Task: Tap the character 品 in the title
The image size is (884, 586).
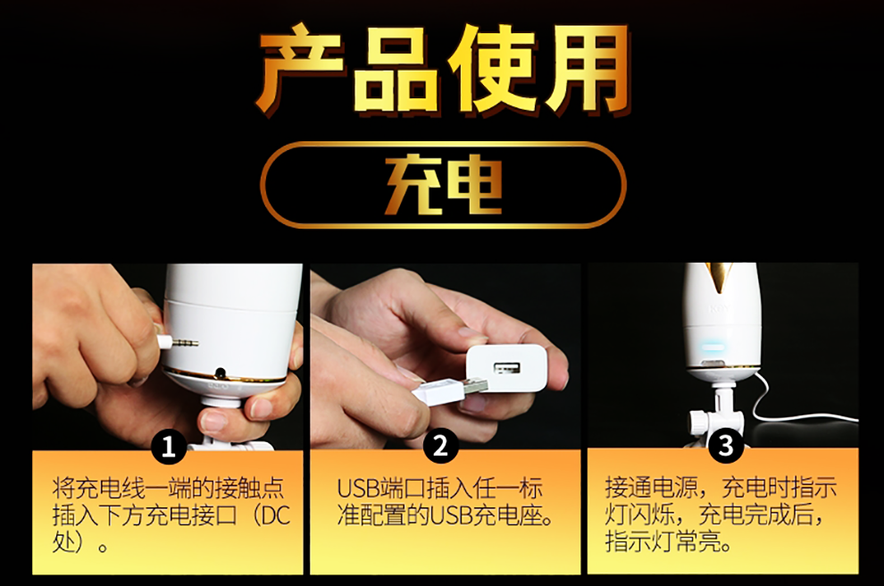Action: click(396, 69)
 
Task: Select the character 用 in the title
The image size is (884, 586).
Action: click(587, 69)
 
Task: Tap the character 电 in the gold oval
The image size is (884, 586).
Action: click(473, 185)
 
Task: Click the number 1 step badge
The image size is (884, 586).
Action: click(168, 448)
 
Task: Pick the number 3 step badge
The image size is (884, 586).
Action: click(726, 446)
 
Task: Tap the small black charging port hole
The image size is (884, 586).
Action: click(221, 373)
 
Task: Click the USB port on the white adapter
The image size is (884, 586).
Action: click(507, 368)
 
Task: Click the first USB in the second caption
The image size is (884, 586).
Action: click(357, 488)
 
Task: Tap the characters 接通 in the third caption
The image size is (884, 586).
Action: click(628, 488)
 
